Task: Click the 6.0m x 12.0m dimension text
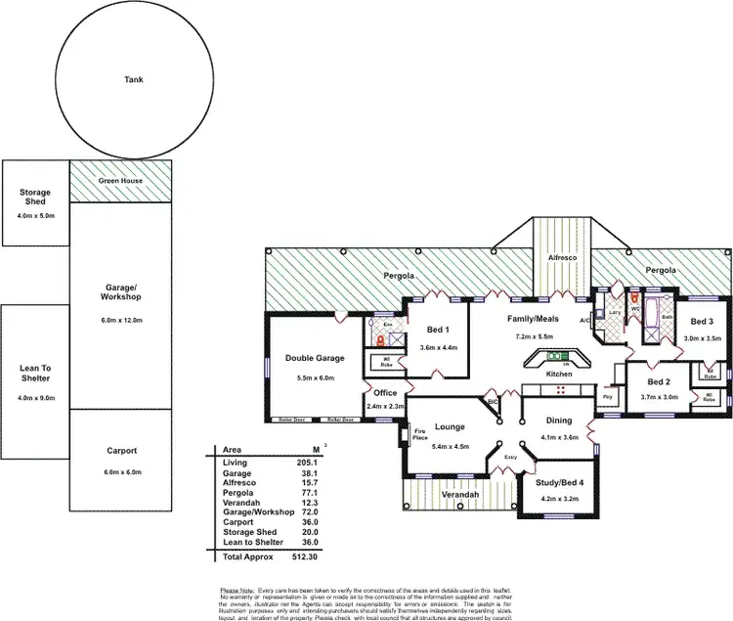123,321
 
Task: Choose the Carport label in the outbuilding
123,451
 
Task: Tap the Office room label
385,393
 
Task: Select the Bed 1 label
438,330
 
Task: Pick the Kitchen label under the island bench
559,375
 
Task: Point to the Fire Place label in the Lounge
419,434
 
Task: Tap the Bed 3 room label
702,322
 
